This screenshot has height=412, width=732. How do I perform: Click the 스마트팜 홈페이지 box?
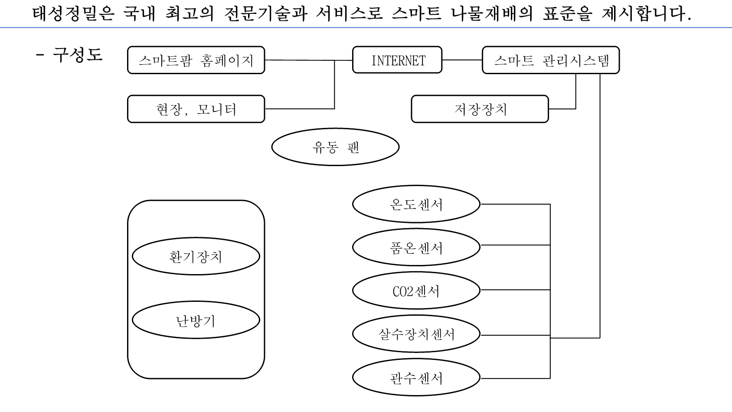(196, 60)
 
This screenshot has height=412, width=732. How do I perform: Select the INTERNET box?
(397, 60)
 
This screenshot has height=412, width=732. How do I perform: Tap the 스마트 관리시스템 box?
(551, 60)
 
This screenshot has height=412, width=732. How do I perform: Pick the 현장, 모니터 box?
(196, 109)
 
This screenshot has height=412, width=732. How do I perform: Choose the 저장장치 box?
(480, 109)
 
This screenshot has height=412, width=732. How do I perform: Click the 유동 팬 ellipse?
(335, 147)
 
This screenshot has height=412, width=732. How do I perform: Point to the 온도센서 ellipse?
(416, 204)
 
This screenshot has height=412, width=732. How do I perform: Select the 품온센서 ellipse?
(416, 247)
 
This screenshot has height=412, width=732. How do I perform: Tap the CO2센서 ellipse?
(416, 291)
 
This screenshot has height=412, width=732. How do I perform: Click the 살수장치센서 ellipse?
(416, 334)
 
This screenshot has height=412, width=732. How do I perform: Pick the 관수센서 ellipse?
(416, 378)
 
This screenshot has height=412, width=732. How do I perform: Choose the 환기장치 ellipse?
(196, 256)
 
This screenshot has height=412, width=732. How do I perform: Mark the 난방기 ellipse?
(196, 321)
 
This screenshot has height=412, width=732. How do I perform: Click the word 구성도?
(78, 55)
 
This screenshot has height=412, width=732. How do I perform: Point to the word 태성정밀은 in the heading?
(73, 14)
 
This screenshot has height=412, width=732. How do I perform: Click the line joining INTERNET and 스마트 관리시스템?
(462, 60)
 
